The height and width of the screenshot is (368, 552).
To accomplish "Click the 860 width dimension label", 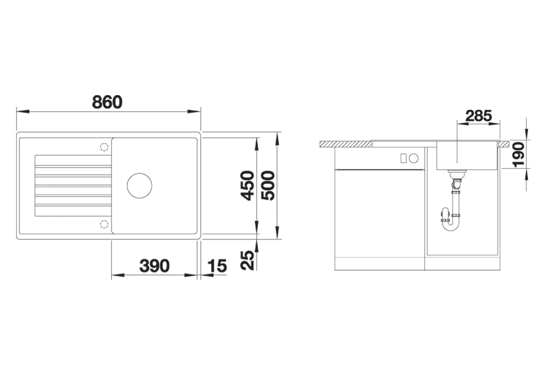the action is pyautogui.click(x=107, y=102).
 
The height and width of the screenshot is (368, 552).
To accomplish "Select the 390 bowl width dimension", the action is pyautogui.click(x=154, y=266).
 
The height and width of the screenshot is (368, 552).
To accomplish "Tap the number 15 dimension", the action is pyautogui.click(x=217, y=266).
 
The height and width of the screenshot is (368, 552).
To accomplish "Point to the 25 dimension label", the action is pyautogui.click(x=248, y=260).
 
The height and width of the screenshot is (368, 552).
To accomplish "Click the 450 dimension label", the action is pyautogui.click(x=248, y=185).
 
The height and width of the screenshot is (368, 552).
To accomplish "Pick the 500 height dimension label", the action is pyautogui.click(x=268, y=185).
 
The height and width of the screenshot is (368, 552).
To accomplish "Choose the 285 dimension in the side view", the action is pyautogui.click(x=479, y=116).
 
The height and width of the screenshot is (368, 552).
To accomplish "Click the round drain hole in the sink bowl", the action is pyautogui.click(x=139, y=185).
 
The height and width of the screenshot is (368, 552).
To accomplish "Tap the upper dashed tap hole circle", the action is pyautogui.click(x=104, y=147).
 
